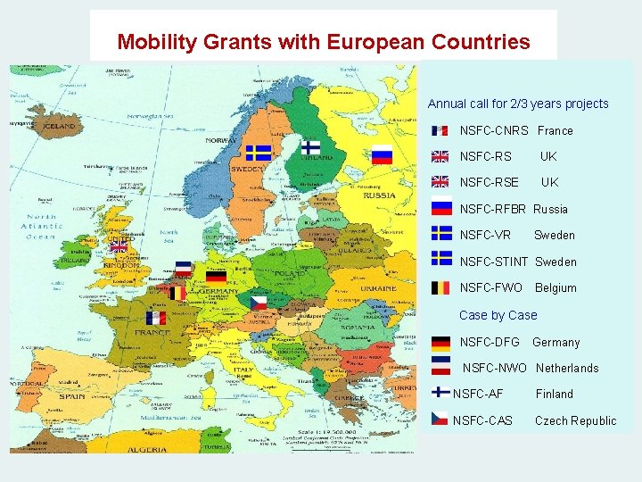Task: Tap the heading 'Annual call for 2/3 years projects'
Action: click(518, 104)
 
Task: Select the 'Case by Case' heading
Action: click(498, 315)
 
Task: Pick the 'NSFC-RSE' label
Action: click(489, 182)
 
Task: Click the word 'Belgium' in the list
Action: click(556, 287)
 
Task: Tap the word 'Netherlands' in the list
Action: click(567, 368)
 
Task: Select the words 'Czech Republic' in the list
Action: click(575, 420)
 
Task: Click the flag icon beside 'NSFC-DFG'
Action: click(440, 342)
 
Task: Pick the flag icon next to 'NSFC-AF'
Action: click(440, 393)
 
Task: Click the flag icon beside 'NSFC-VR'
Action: click(440, 234)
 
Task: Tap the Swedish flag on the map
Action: click(259, 153)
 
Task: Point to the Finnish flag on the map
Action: click(310, 147)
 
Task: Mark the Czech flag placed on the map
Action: click(259, 303)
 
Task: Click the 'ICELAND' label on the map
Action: click(60, 127)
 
